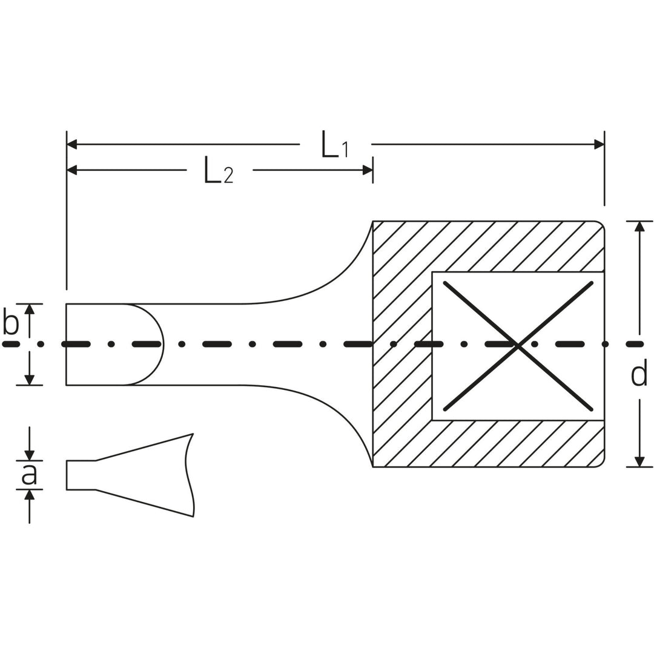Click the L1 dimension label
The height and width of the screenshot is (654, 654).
334,145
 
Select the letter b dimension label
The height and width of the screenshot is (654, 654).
11,323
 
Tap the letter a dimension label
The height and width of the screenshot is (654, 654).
28,475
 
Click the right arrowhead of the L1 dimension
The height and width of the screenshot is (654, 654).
599,144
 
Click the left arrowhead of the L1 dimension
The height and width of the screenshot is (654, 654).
72,144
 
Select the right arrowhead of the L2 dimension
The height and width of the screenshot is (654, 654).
367,170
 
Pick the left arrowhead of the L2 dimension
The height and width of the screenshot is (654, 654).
72,170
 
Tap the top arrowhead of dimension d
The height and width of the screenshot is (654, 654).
639,226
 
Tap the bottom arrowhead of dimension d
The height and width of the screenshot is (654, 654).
639,461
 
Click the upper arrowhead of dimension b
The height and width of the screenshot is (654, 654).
29,309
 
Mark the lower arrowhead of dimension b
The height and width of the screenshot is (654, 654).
29,380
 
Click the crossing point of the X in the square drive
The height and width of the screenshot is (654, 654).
518,346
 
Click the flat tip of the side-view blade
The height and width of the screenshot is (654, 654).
67,475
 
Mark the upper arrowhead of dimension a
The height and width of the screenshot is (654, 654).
29,455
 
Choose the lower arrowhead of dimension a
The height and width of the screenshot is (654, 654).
29,495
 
